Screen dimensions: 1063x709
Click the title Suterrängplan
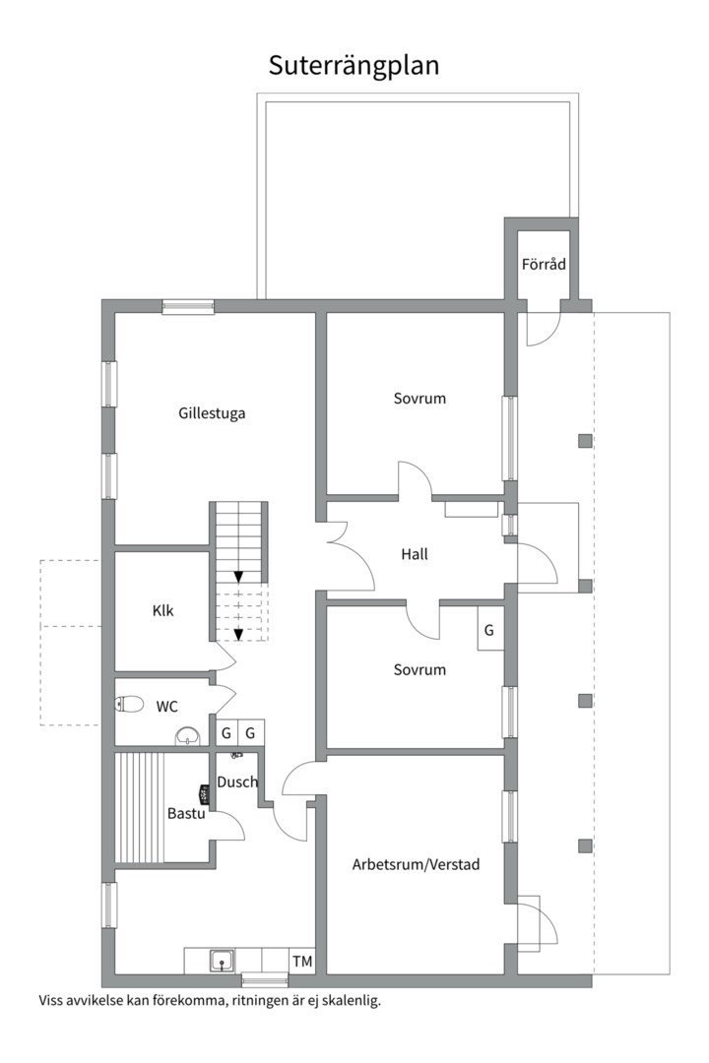tap(354, 65)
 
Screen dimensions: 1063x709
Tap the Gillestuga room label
tap(212, 413)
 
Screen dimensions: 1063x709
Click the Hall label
tap(415, 554)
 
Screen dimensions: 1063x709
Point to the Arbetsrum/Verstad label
tap(416, 865)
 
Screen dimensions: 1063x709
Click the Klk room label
tap(162, 610)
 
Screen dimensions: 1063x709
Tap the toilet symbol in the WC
tap(130, 704)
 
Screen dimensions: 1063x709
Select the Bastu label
tap(185, 814)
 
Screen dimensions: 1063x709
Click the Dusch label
tap(237, 782)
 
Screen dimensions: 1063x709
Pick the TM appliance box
tap(301, 961)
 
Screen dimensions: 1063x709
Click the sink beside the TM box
tap(222, 960)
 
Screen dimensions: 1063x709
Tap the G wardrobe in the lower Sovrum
tap(488, 630)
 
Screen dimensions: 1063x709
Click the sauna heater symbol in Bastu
tap(204, 791)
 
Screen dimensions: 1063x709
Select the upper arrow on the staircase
tap(238, 576)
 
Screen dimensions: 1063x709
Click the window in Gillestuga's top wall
tap(188, 306)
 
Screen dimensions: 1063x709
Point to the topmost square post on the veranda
tap(585, 441)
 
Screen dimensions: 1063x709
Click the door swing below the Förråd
tap(543, 330)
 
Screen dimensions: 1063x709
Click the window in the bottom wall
tap(265, 979)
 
